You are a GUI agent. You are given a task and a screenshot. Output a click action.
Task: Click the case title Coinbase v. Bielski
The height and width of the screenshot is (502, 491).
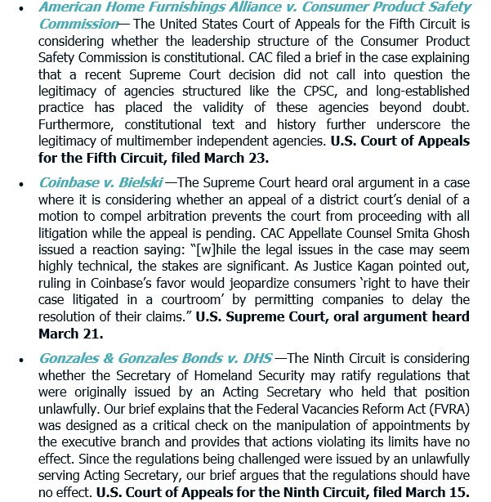pyautogui.click(x=100, y=182)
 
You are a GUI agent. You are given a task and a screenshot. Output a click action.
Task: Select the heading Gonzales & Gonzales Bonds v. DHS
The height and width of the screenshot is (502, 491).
pyautogui.click(x=155, y=358)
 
